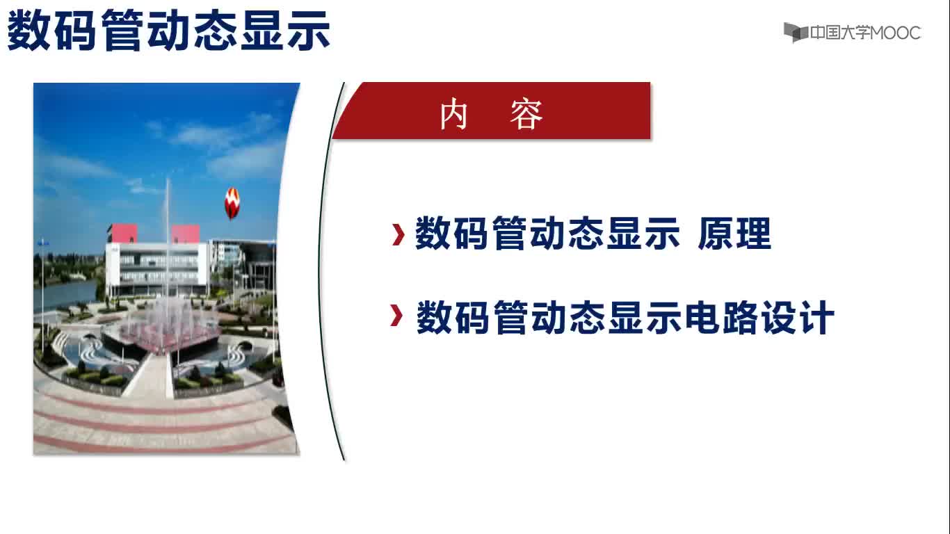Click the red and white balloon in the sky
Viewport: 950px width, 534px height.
point(232,204)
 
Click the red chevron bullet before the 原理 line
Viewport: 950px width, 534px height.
point(398,234)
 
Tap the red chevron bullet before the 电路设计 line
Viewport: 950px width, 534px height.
point(396,316)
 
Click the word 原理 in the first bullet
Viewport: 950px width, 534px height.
point(734,234)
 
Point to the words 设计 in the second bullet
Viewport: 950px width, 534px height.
point(797,317)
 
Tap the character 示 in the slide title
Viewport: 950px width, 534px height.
point(308,31)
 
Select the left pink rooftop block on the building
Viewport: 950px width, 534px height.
point(122,234)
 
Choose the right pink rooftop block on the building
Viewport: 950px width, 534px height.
point(185,234)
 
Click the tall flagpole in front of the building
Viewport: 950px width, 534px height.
point(168,238)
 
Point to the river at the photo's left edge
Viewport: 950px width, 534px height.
point(66,293)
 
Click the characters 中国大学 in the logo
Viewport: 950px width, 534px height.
point(839,33)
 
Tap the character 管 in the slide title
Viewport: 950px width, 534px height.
point(122,31)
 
